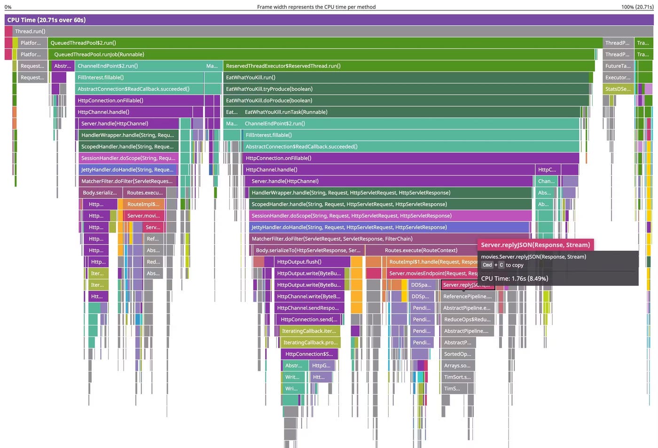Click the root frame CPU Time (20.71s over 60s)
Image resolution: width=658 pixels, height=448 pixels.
pyautogui.click(x=329, y=20)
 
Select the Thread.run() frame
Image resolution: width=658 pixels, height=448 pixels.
pyautogui.click(x=329, y=32)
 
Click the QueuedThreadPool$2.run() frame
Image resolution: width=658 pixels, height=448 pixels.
pyautogui.click(x=324, y=43)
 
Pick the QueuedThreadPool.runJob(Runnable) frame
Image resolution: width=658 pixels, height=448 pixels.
pyautogui.click(x=324, y=55)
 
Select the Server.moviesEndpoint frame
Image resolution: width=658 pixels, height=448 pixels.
pyautogui.click(x=430, y=273)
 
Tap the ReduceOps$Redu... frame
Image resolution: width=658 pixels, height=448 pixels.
pyautogui.click(x=467, y=320)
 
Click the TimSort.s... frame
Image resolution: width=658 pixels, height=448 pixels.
pyautogui.click(x=457, y=377)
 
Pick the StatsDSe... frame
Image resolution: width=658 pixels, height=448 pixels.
pyautogui.click(x=618, y=89)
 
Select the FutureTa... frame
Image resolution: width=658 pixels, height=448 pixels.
pyautogui.click(x=618, y=66)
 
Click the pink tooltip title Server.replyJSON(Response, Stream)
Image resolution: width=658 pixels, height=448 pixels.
pyautogui.click(x=535, y=245)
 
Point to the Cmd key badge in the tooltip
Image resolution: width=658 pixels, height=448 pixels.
pyautogui.click(x=487, y=265)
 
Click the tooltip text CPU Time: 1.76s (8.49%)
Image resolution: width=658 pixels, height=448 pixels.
pyautogui.click(x=514, y=279)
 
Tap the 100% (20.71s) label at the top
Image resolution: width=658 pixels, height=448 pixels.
pyautogui.click(x=637, y=7)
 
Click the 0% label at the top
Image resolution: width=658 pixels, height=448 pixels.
pyautogui.click(x=8, y=7)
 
